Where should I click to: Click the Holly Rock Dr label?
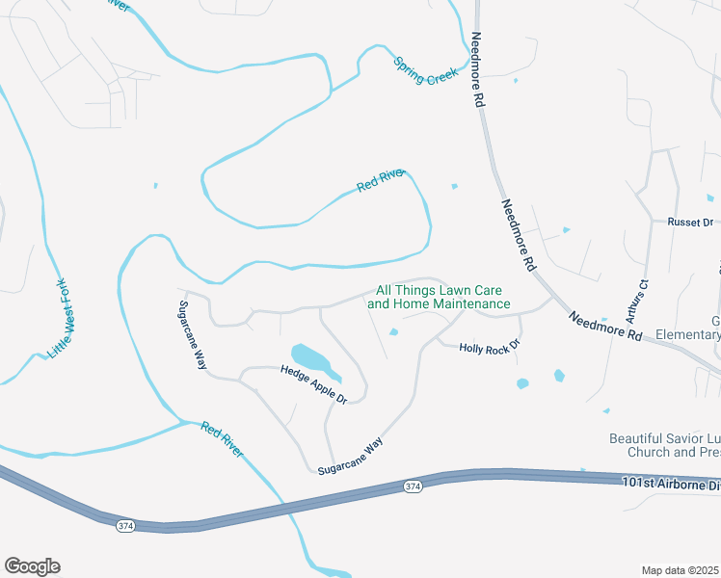pos(489,346)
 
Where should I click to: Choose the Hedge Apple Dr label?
pos(312,382)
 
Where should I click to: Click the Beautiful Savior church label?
pos(664,444)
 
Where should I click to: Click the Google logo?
pos(32,566)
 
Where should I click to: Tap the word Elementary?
pos(687,335)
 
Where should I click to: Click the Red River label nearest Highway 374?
pos(223,439)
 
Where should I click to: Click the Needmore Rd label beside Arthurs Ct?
pos(603,327)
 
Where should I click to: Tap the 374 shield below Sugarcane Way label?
pos(413,487)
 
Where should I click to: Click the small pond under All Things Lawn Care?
pos(393,333)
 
